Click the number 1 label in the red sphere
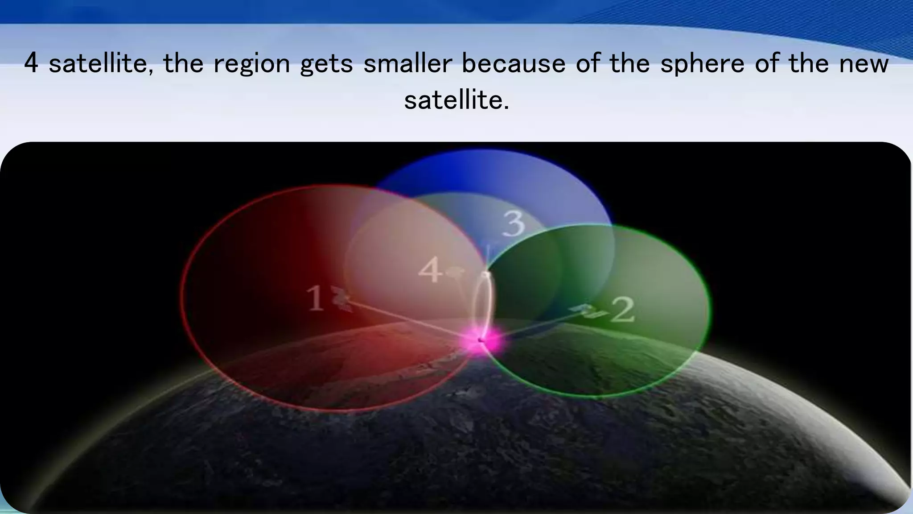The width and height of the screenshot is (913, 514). coord(315,298)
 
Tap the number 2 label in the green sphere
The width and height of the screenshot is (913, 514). coord(622,310)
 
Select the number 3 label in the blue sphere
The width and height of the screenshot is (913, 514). coord(514,224)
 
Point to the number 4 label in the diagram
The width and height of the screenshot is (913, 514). coord(430,271)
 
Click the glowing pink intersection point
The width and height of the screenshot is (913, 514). coord(482,340)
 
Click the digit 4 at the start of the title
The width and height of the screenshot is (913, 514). coord(31,63)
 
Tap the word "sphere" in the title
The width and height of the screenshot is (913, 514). coord(702,63)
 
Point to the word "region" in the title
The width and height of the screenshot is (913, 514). coord(252,63)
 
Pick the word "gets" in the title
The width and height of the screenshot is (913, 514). coord(326,63)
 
